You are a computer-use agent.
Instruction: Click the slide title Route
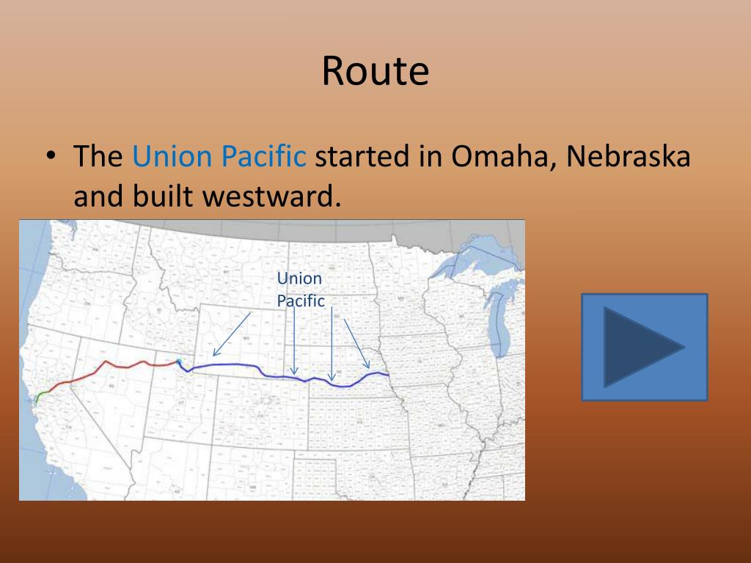[x=375, y=72]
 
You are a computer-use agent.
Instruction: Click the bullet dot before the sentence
[x=49, y=156]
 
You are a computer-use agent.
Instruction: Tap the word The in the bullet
[x=98, y=156]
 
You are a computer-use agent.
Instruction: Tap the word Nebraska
[x=629, y=156]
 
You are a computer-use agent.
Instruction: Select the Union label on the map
[x=299, y=279]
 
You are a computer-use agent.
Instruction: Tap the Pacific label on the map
[x=301, y=301]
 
